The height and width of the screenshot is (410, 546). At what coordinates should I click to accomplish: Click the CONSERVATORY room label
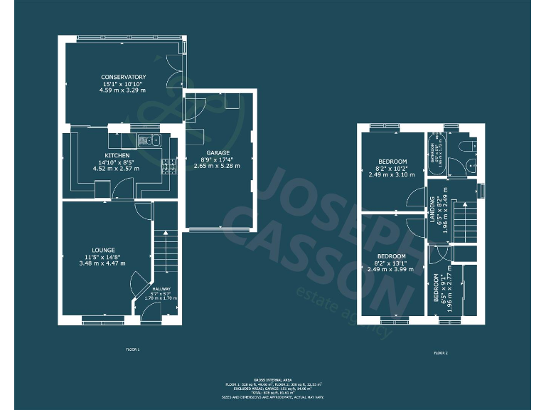(123, 77)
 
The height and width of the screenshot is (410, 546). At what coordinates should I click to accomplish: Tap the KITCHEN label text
(117, 154)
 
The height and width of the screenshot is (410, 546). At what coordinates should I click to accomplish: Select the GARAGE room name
(218, 152)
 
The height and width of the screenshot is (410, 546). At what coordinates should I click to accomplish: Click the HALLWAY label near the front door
(161, 289)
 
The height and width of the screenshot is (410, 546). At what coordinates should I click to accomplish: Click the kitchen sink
(149, 140)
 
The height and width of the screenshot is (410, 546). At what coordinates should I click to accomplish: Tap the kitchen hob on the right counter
(170, 167)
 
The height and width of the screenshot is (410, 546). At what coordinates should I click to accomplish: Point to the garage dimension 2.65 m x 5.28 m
(218, 166)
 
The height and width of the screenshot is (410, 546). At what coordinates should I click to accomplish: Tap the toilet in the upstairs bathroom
(465, 147)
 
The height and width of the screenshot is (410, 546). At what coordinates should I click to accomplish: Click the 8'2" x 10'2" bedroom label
(392, 168)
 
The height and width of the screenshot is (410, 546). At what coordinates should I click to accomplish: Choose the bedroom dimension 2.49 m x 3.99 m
(392, 269)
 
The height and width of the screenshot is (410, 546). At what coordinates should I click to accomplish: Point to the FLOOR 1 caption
(133, 349)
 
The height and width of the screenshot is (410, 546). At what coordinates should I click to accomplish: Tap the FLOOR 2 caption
(441, 353)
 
